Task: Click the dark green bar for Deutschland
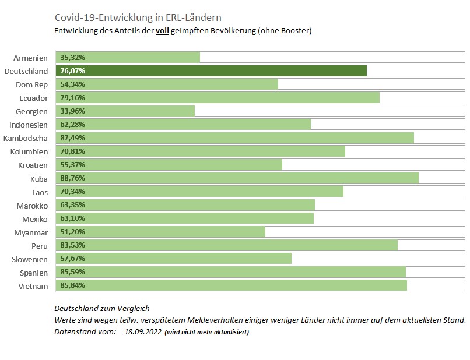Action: pyautogui.click(x=211, y=70)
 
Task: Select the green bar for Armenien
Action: pyautogui.click(x=128, y=57)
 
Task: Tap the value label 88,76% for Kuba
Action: pyautogui.click(x=72, y=178)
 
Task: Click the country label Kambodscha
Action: pyautogui.click(x=26, y=139)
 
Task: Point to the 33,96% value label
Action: pyautogui.click(x=72, y=111)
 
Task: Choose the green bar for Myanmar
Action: pyautogui.click(x=161, y=231)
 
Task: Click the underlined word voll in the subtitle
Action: pyautogui.click(x=162, y=30)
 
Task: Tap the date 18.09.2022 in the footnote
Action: pyautogui.click(x=143, y=332)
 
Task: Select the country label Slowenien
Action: pyautogui.click(x=30, y=259)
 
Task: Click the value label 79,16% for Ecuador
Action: pyautogui.click(x=72, y=98)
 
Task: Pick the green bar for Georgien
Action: pyautogui.click(x=125, y=111)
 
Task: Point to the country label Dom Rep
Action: pyautogui.click(x=31, y=85)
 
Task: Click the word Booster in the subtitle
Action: pyautogui.click(x=295, y=30)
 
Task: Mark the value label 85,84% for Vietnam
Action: pyautogui.click(x=72, y=285)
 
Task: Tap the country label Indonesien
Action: pyautogui.click(x=29, y=125)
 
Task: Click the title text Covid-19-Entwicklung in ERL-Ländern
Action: pyautogui.click(x=138, y=17)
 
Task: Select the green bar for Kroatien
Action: pyautogui.click(x=169, y=164)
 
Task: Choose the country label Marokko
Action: pyautogui.click(x=33, y=206)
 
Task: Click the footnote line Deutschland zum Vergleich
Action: pyautogui.click(x=102, y=309)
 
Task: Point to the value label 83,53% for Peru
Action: pyautogui.click(x=72, y=245)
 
